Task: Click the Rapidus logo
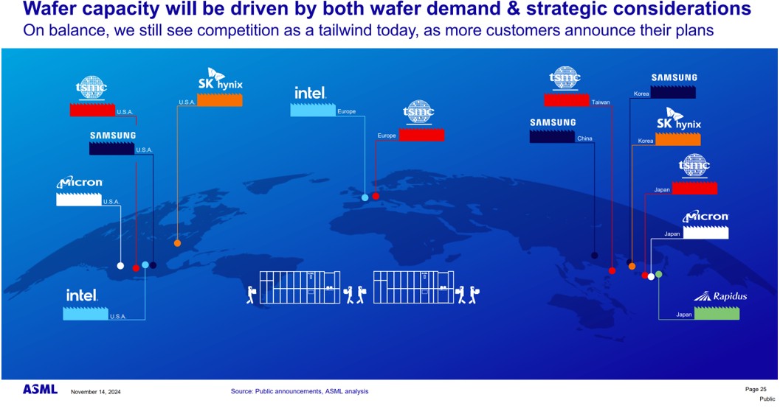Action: point(720,296)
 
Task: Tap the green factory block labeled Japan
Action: point(717,314)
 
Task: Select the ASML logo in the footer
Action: point(40,390)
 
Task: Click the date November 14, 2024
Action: point(95,392)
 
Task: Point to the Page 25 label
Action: point(756,389)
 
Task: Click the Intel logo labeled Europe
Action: point(310,93)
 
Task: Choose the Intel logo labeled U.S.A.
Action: point(82,295)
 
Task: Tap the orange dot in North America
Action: point(178,243)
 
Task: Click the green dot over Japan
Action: point(659,274)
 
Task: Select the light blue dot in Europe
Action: point(365,197)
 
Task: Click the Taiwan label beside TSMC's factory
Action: point(601,102)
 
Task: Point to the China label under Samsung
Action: point(584,138)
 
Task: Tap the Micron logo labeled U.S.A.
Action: point(80,182)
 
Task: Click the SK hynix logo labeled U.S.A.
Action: point(221,80)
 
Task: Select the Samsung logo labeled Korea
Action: point(674,77)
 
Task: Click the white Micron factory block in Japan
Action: point(706,232)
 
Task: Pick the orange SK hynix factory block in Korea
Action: point(678,139)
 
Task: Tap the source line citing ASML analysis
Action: point(300,391)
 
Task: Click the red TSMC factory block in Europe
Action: point(422,135)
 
